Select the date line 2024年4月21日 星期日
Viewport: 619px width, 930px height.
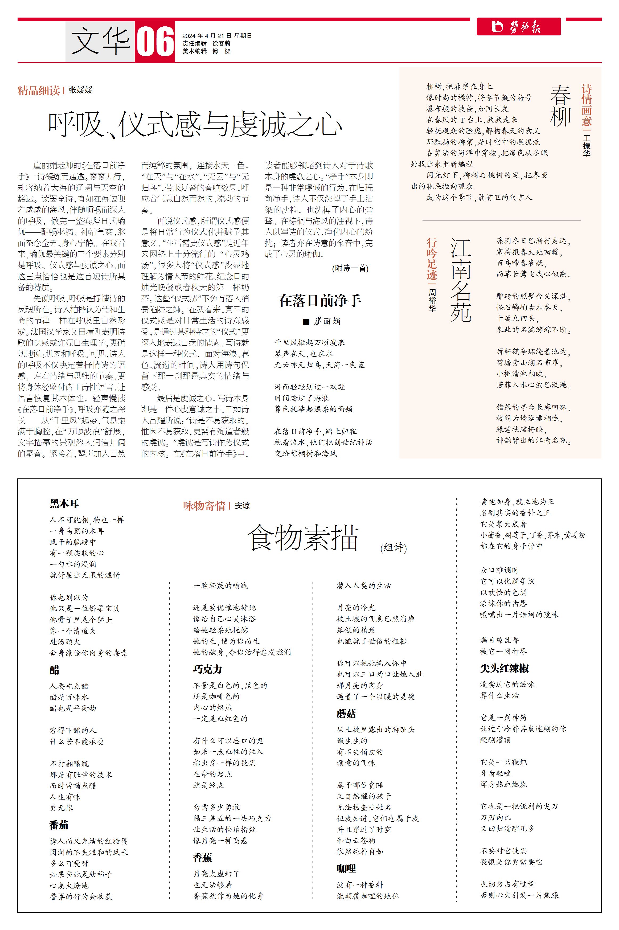217,35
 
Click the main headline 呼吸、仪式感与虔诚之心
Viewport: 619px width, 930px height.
195,124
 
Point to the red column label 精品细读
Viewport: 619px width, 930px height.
38,91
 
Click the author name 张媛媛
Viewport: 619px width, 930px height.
80,90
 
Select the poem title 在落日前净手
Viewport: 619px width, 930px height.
319,301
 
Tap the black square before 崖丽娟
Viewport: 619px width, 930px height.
306,322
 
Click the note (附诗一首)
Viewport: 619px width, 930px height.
350,268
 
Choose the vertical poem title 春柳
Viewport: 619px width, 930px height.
560,105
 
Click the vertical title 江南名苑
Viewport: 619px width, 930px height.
461,280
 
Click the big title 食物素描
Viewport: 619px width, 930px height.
302,537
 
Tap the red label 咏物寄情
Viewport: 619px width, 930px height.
204,506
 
